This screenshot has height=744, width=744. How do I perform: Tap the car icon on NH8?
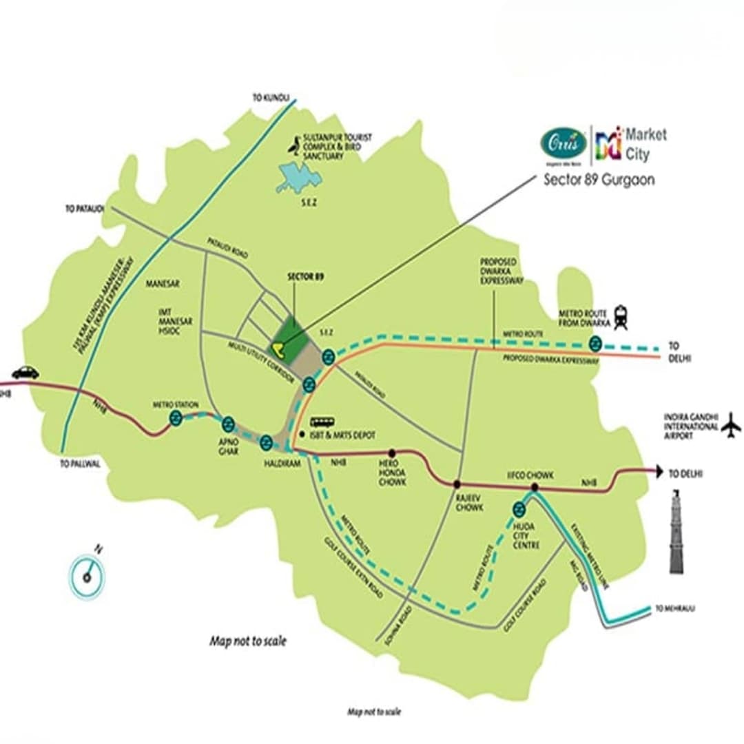pyautogui.click(x=25, y=372)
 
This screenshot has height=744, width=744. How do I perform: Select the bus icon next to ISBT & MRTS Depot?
pyautogui.click(x=322, y=422)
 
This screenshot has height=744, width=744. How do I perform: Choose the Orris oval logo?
pyautogui.click(x=564, y=143)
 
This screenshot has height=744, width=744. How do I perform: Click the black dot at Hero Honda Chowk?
pyautogui.click(x=392, y=453)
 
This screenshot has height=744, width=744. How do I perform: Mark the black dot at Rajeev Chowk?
pyautogui.click(x=456, y=484)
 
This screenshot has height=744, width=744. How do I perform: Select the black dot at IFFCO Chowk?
pyautogui.click(x=535, y=487)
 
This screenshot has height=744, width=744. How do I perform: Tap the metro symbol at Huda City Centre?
pyautogui.click(x=519, y=510)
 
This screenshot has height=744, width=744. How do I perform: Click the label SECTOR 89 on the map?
pyautogui.click(x=304, y=277)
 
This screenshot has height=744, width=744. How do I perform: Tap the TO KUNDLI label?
pyautogui.click(x=271, y=99)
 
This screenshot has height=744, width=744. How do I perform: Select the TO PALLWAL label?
pyautogui.click(x=80, y=464)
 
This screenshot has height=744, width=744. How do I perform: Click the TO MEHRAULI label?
pyautogui.click(x=675, y=609)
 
